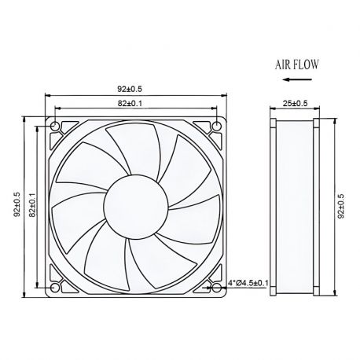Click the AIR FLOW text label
tap(296, 65)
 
